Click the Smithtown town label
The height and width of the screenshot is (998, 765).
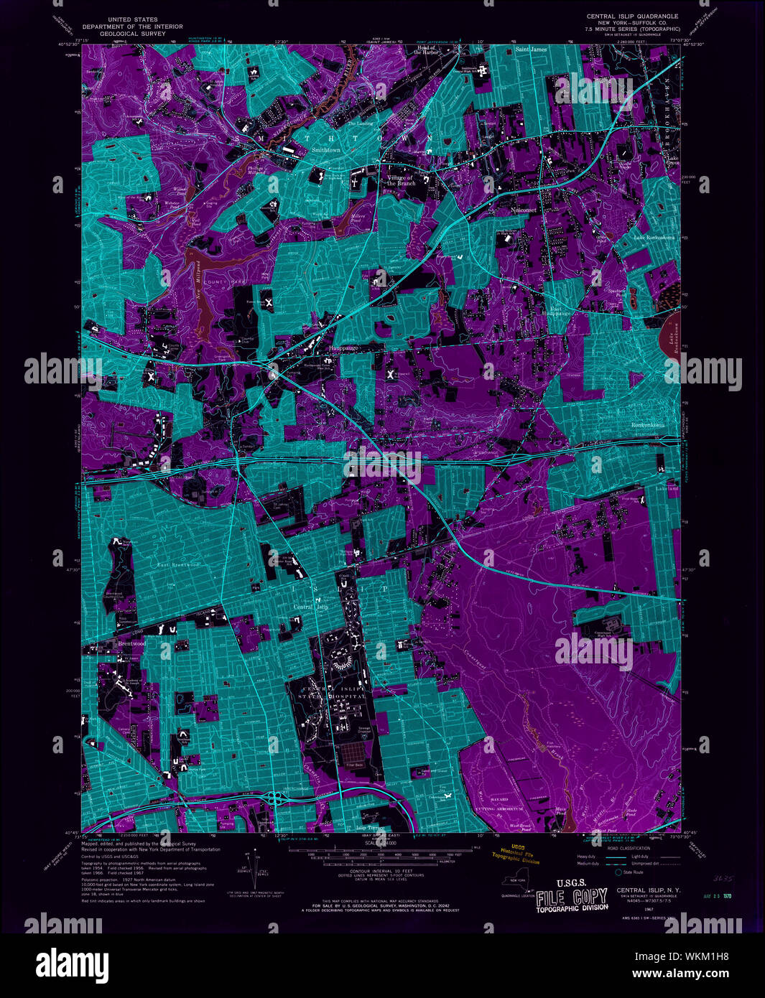pyautogui.click(x=325, y=150)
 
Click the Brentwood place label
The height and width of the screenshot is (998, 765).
pyautogui.click(x=131, y=644)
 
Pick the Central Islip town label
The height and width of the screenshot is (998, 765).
pyautogui.click(x=311, y=607)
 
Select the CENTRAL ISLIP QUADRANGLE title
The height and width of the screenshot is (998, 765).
pyautogui.click(x=632, y=16)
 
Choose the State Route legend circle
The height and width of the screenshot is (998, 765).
pyautogui.click(x=618, y=872)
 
